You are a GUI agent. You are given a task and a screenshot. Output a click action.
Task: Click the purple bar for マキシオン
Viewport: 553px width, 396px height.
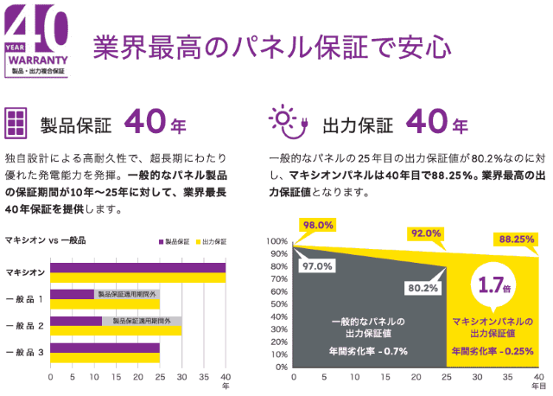click(137, 265)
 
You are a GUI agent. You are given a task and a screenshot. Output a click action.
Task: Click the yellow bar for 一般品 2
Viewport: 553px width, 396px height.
click(116, 329)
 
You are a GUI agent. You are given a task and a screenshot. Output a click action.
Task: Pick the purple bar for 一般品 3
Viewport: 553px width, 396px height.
click(105, 348)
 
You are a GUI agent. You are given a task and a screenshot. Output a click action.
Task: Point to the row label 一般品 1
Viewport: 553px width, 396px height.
click(23, 299)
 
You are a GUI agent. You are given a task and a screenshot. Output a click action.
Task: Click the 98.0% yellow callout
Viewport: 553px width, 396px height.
click(316, 226)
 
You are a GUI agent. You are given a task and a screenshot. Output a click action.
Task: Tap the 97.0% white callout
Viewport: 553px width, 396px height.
click(317, 265)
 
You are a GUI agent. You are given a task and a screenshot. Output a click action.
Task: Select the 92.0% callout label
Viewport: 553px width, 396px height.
click(426, 233)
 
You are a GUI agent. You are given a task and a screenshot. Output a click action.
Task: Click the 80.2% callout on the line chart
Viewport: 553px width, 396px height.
click(422, 288)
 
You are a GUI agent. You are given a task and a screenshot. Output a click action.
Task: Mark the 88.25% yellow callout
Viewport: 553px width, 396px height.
click(516, 239)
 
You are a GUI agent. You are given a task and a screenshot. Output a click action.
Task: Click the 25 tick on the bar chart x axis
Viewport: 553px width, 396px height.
click(160, 378)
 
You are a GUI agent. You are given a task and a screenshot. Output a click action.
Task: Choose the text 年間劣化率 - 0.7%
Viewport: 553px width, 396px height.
click(368, 351)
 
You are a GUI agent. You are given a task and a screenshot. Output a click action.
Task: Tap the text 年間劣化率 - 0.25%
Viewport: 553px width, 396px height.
click(493, 351)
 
